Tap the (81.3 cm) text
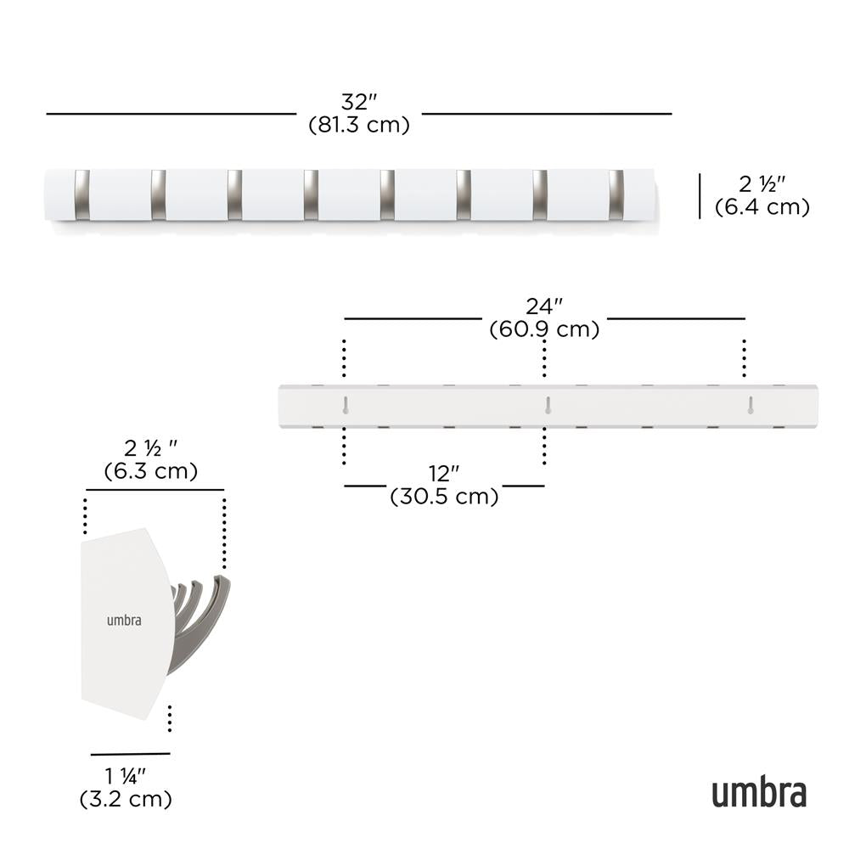359,125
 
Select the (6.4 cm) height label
762,206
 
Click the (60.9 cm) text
544,329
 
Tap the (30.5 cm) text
444,497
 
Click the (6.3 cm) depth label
151,471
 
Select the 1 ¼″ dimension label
126,776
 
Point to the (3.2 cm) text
126,799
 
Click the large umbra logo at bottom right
758,792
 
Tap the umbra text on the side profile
124,620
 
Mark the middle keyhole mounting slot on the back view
548,404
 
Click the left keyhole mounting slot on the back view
346,404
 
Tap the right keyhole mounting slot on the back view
751,404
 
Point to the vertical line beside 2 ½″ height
700,196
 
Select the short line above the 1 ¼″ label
130,753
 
